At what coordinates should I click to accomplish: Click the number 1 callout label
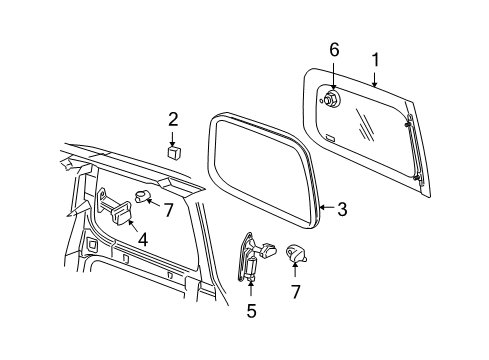pos(375,60)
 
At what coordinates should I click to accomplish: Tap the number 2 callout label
pos(173,120)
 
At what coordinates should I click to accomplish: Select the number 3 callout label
pos(341,209)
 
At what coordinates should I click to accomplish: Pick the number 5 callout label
pos(251,311)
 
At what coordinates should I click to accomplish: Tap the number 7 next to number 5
pos(294,291)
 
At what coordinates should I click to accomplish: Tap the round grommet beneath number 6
pos(331,98)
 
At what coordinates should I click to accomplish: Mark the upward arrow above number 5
pos(251,289)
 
